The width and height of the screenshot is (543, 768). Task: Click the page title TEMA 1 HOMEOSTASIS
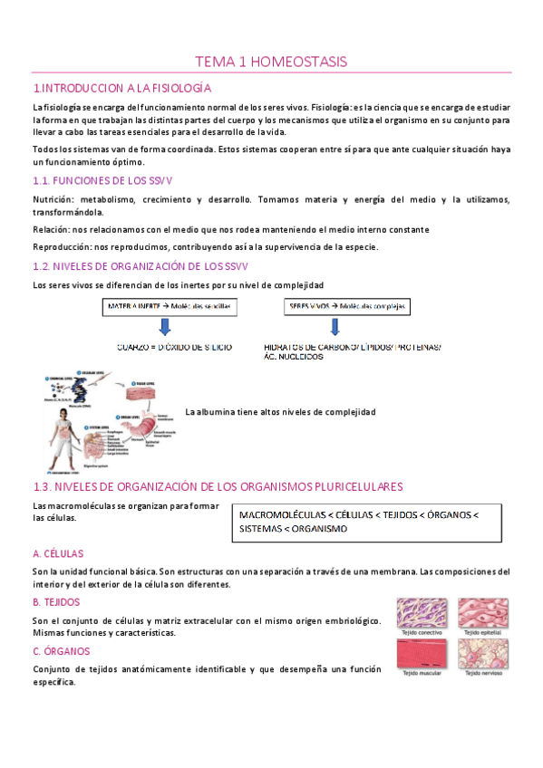click(x=271, y=62)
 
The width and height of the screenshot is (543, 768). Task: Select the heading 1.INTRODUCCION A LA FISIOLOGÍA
click(x=121, y=88)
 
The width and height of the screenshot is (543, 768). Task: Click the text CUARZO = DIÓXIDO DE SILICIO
click(x=175, y=347)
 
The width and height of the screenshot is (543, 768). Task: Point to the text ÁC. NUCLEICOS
click(x=294, y=357)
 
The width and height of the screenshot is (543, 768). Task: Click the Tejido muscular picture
click(x=422, y=654)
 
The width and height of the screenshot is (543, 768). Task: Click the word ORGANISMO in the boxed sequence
click(x=315, y=528)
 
